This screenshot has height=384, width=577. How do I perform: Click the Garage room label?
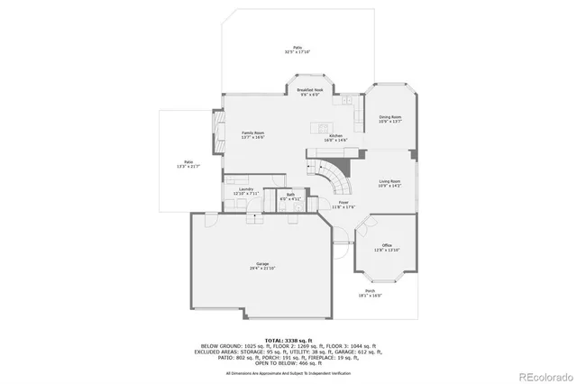[262, 263]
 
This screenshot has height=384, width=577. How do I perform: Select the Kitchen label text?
[335, 135]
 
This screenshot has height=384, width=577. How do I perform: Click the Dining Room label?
[390, 117]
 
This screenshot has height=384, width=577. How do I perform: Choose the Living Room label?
[389, 181]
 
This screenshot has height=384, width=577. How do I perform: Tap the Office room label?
[387, 245]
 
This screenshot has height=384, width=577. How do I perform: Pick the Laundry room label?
[245, 188]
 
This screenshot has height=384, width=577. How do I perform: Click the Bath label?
[291, 195]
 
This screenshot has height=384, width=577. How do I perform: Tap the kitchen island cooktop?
[317, 122]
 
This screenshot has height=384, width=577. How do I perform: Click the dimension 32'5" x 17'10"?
[298, 52]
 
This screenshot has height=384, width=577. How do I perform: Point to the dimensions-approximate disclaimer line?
[288, 371]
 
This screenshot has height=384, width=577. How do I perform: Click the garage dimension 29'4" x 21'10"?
[262, 269]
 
